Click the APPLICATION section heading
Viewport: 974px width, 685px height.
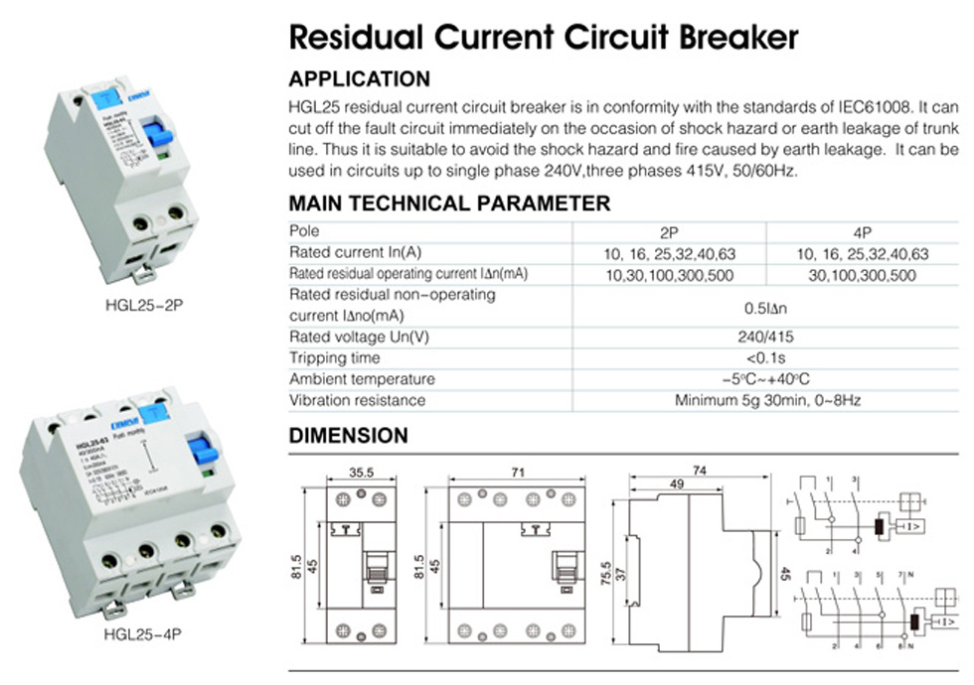tap(359, 79)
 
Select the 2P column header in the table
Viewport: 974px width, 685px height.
tap(669, 232)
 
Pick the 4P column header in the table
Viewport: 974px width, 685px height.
tap(863, 232)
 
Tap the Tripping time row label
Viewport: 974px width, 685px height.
tap(334, 357)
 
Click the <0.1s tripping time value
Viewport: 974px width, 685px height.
tap(765, 357)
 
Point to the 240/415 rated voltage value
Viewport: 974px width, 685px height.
tap(765, 337)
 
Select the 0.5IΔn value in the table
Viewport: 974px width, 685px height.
tap(765, 306)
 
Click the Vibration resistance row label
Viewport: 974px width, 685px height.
tap(357, 400)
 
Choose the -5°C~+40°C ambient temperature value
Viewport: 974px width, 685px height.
tap(765, 379)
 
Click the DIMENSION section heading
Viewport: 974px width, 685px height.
tap(348, 436)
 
